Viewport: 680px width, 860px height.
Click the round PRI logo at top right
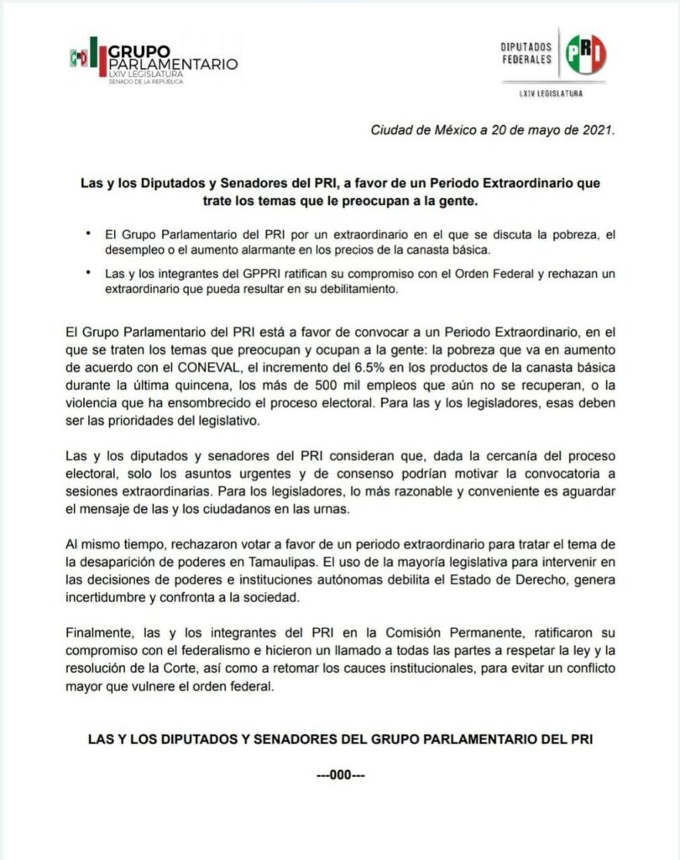click(584, 55)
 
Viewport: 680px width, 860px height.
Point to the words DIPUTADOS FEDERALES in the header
click(526, 54)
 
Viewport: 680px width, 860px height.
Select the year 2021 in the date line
click(597, 131)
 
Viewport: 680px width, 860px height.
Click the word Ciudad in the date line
click(391, 131)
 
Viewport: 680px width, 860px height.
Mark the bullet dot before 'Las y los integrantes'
click(89, 272)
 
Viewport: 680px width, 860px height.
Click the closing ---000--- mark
click(340, 775)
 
